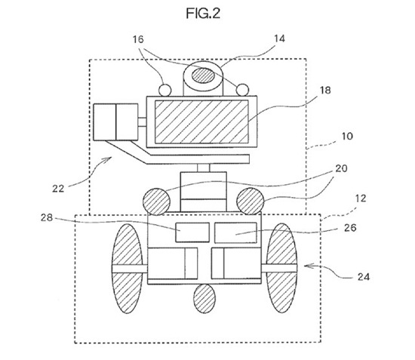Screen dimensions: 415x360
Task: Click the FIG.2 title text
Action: coord(203,14)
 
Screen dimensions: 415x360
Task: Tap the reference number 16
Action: coord(138,39)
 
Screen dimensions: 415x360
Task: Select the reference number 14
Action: coord(279,39)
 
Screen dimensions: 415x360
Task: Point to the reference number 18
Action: coord(325,91)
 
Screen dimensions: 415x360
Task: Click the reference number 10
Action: coord(347,136)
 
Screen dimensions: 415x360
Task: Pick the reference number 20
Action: coord(341,168)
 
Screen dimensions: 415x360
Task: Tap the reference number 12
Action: coord(361,198)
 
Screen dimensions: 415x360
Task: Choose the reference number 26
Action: coord(350,228)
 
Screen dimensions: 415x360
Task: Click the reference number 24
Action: coord(364,277)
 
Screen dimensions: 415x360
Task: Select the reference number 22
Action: coord(58,189)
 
